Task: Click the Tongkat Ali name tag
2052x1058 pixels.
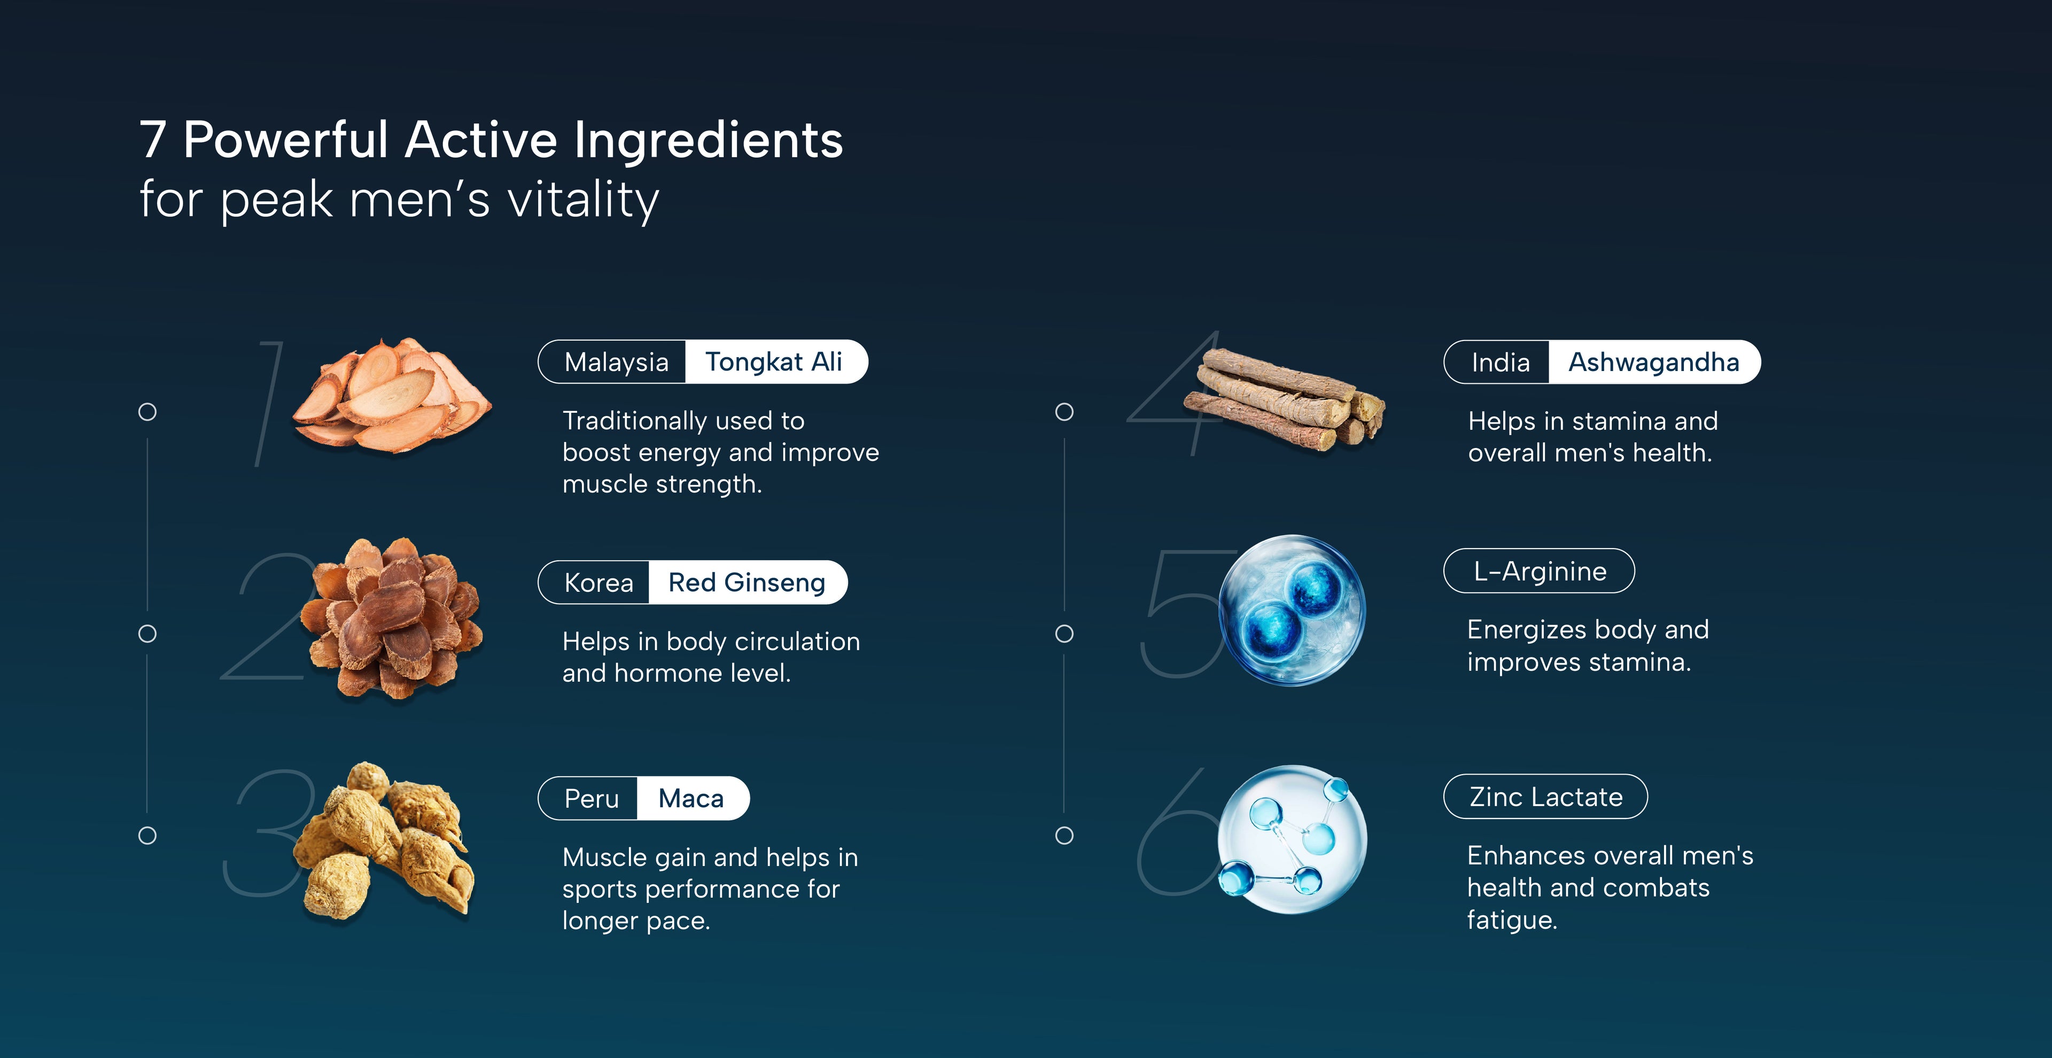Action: coord(775,362)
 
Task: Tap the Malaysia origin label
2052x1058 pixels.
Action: coord(616,362)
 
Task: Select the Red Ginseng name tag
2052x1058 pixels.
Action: coord(747,582)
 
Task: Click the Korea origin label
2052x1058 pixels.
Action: coord(598,582)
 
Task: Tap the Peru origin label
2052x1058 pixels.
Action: coord(591,798)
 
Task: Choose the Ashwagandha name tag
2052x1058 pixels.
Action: coord(1654,362)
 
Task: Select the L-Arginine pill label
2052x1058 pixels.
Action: coord(1539,571)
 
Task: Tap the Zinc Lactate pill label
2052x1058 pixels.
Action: coord(1545,797)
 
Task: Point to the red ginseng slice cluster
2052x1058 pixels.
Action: coord(392,618)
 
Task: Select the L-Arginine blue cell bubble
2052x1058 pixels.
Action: coord(1292,611)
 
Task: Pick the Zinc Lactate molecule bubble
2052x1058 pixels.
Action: coord(1292,838)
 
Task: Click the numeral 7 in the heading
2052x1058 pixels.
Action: coord(153,140)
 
